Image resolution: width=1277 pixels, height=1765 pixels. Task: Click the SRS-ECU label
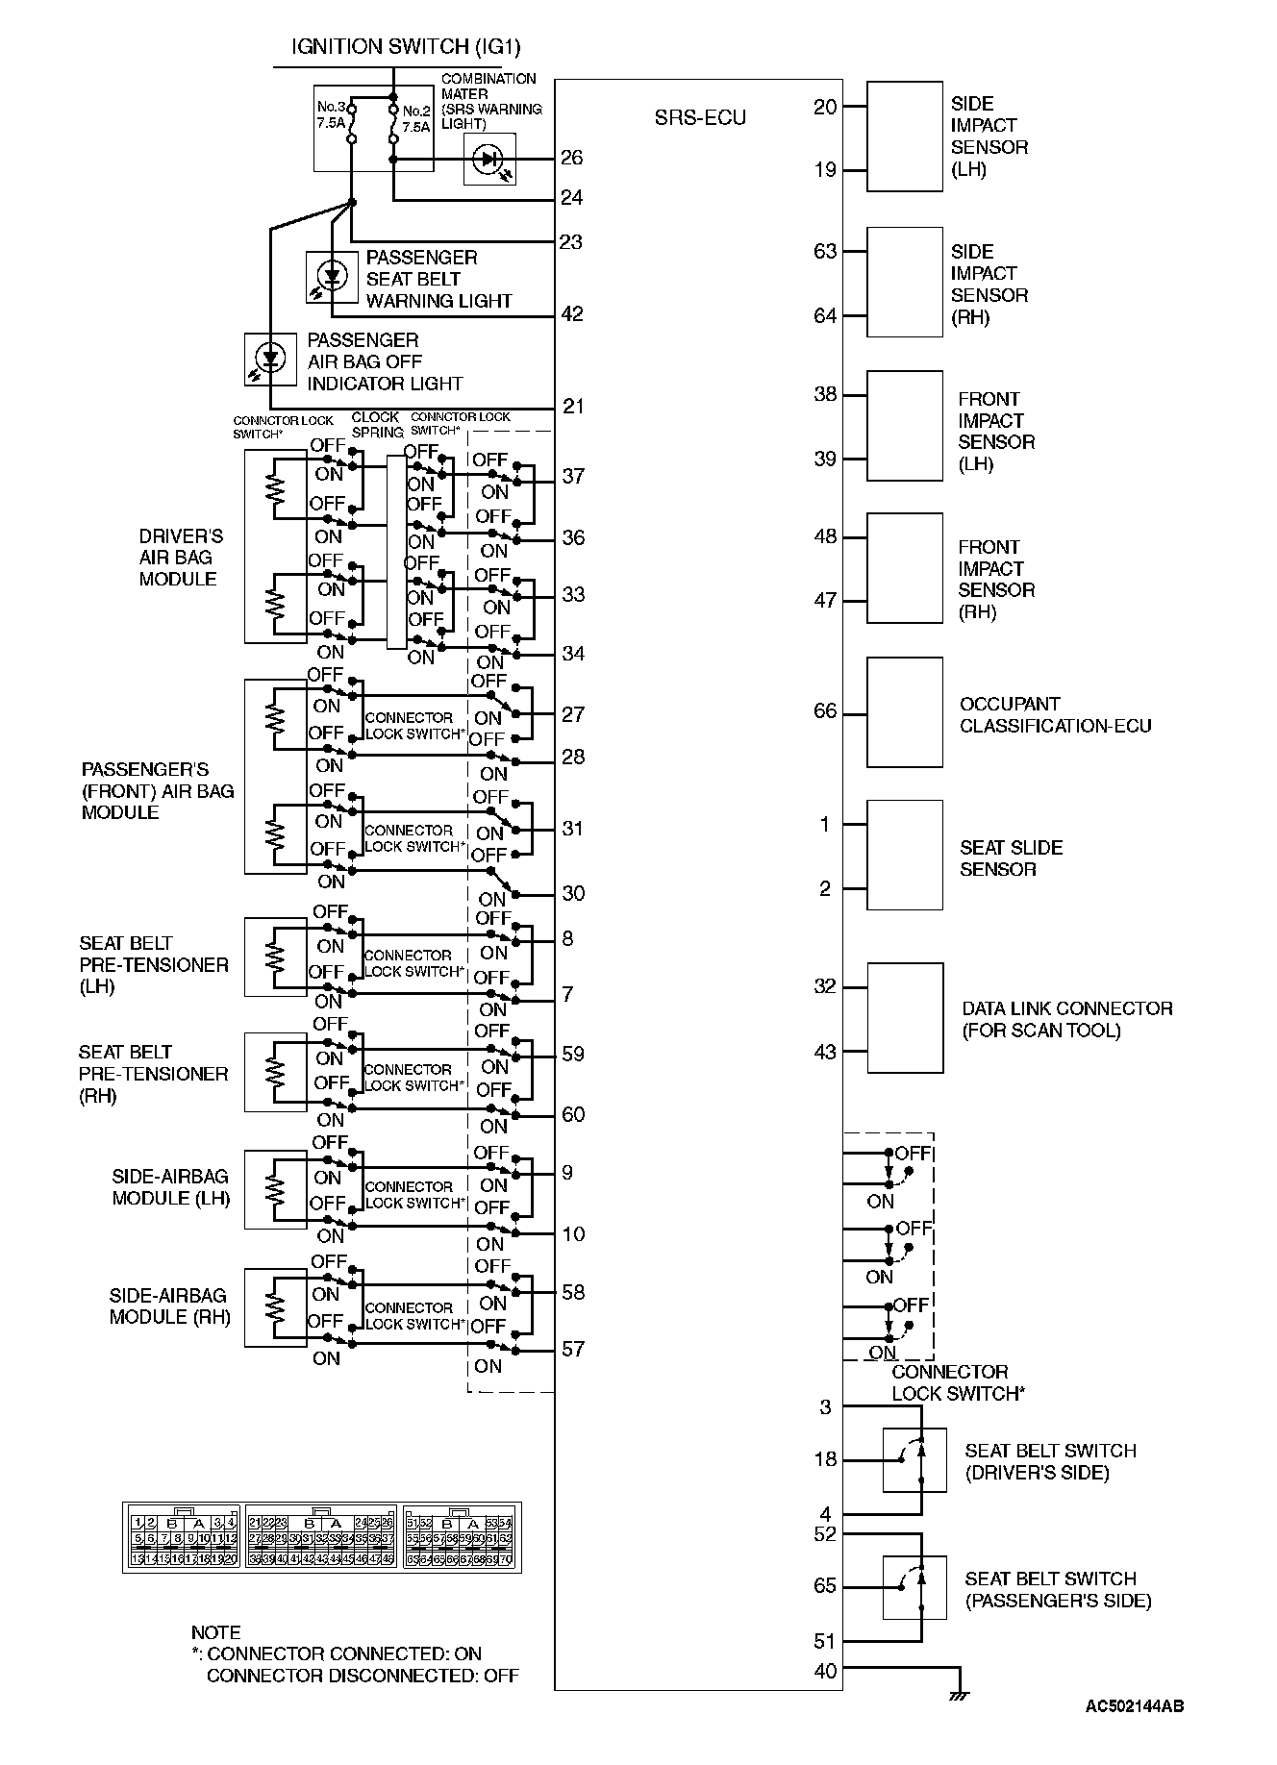coord(700,118)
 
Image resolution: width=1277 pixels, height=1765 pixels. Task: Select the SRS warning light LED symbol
coord(489,159)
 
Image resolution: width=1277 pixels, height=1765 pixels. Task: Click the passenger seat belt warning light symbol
coord(333,277)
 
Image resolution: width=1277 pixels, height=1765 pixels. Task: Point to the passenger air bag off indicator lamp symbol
coord(270,360)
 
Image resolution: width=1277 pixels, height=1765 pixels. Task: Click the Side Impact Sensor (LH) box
coord(904,137)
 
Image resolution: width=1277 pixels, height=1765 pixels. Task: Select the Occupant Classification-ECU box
coord(904,712)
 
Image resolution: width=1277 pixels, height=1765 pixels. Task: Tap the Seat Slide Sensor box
coord(904,855)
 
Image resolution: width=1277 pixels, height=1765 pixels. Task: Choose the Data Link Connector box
coord(904,1018)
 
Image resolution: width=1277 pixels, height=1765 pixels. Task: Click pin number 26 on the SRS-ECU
coord(571,158)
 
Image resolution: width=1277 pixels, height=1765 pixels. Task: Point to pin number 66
coord(825,711)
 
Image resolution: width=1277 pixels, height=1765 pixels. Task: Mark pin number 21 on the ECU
coord(572,406)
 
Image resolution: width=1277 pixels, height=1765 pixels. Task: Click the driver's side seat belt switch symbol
coord(914,1460)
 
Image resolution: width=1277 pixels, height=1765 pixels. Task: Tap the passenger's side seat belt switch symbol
coord(914,1587)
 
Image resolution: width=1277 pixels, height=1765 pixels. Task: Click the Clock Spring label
coord(376,425)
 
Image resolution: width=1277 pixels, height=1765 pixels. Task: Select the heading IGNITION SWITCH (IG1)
coord(406,47)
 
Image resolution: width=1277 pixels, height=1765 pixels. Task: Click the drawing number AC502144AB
coord(1134,1706)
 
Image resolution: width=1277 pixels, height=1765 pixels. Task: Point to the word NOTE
coord(215,1632)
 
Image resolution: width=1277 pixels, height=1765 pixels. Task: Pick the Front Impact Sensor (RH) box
coord(904,568)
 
